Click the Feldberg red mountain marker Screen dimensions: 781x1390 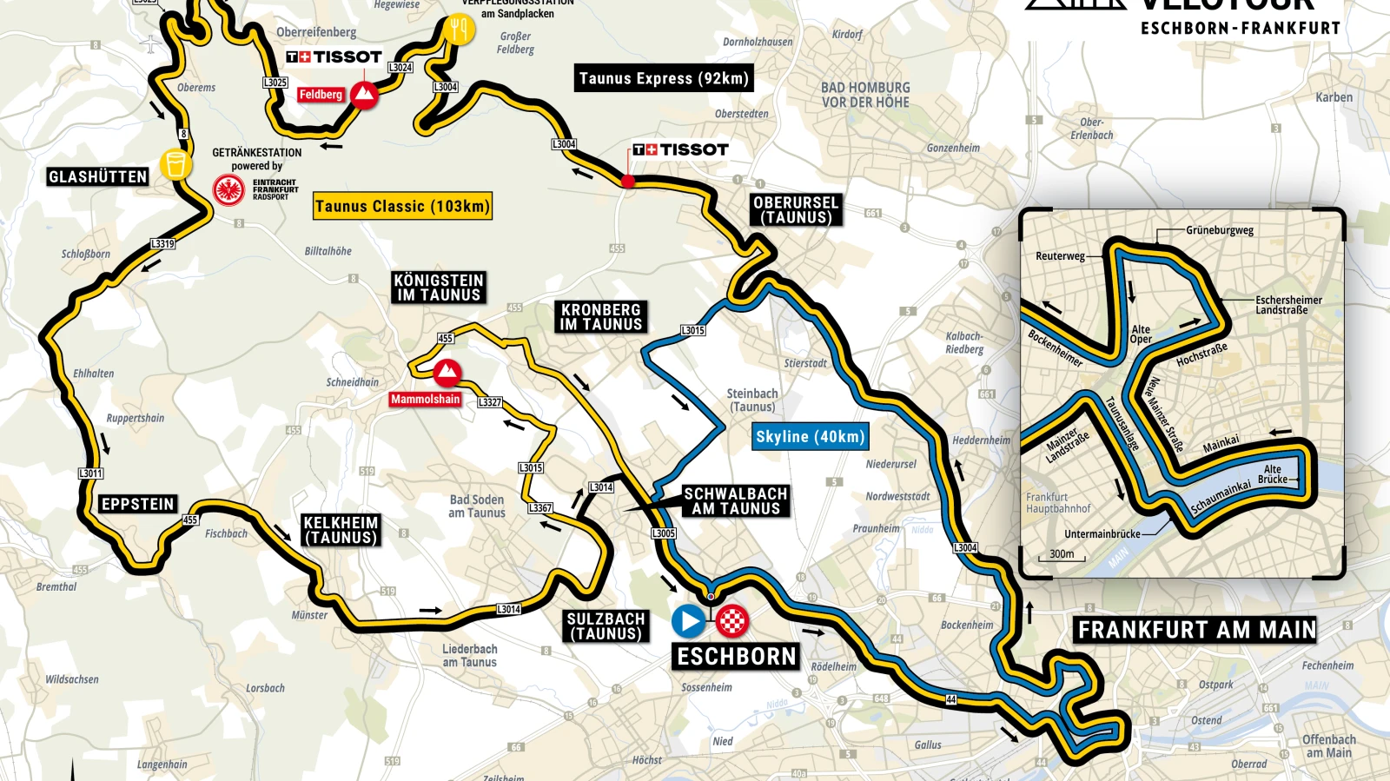(364, 95)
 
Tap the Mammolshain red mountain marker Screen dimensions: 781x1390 (447, 373)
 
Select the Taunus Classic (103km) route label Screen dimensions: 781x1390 (402, 206)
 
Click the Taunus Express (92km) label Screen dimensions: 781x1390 (664, 78)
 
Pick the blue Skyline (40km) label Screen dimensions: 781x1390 (810, 437)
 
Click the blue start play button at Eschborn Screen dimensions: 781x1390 (689, 621)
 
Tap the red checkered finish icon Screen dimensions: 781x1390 (732, 621)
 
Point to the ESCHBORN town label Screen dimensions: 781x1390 (737, 657)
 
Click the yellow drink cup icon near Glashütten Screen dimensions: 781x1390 (175, 163)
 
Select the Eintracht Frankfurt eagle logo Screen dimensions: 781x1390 (228, 189)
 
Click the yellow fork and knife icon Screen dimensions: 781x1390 (459, 30)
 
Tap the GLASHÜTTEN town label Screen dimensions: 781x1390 (98, 177)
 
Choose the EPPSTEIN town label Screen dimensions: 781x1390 (138, 505)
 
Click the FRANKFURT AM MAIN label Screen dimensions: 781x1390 (1197, 630)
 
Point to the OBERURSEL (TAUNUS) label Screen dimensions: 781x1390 (796, 210)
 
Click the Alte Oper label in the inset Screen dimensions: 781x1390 (1141, 334)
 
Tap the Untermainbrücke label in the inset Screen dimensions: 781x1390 (1102, 534)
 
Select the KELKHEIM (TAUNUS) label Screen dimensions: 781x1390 (341, 530)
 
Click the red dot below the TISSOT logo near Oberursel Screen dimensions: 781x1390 (628, 182)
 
